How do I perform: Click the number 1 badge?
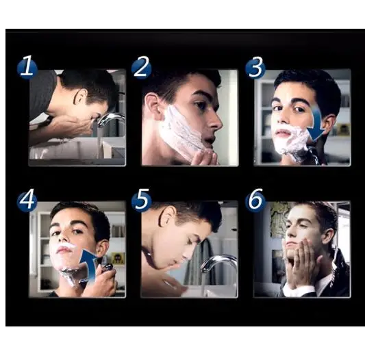coord(27,68)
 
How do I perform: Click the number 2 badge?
coord(141,68)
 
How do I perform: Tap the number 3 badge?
coord(255,68)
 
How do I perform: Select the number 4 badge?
coord(27,200)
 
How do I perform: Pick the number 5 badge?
coord(141,200)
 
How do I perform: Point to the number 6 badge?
coord(255,200)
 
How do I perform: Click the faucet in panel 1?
coord(112,120)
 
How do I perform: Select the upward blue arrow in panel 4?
coord(86,261)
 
